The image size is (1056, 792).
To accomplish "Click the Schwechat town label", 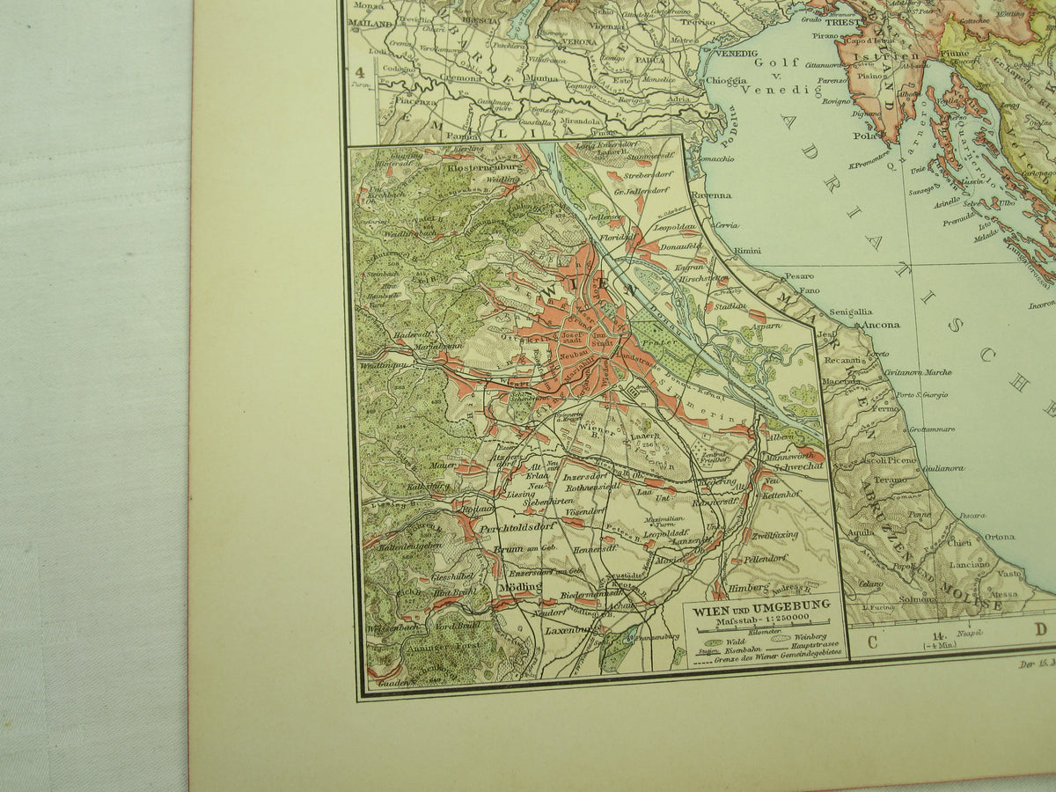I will coord(789,467).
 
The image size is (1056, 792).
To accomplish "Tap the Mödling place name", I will coord(518,585).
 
